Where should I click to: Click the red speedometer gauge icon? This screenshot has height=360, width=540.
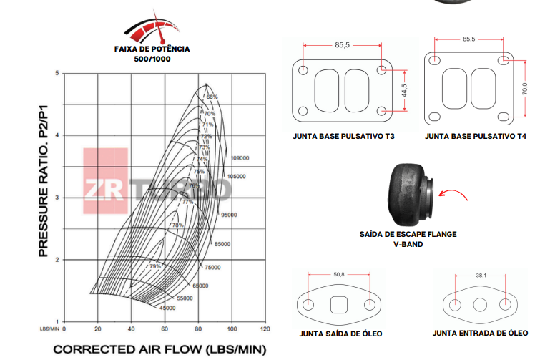pos(152,26)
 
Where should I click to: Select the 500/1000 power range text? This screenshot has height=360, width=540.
pos(152,59)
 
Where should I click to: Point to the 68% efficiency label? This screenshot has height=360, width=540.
pos(211,96)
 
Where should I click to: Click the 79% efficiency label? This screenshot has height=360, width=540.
pos(154,266)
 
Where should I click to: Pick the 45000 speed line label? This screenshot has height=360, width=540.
pos(167,308)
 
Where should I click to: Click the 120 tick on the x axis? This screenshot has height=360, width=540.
pos(265,329)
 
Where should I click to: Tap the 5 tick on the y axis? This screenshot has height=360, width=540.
pos(57,74)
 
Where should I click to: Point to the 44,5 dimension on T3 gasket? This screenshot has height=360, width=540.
pos(404,91)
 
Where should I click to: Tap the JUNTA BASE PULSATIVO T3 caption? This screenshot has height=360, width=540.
pos(343,135)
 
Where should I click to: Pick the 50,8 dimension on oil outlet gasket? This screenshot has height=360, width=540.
pos(339,274)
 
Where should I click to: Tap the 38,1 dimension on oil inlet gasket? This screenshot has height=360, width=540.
pos(481,275)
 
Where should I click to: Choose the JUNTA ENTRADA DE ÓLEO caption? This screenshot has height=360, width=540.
pos(480,334)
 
